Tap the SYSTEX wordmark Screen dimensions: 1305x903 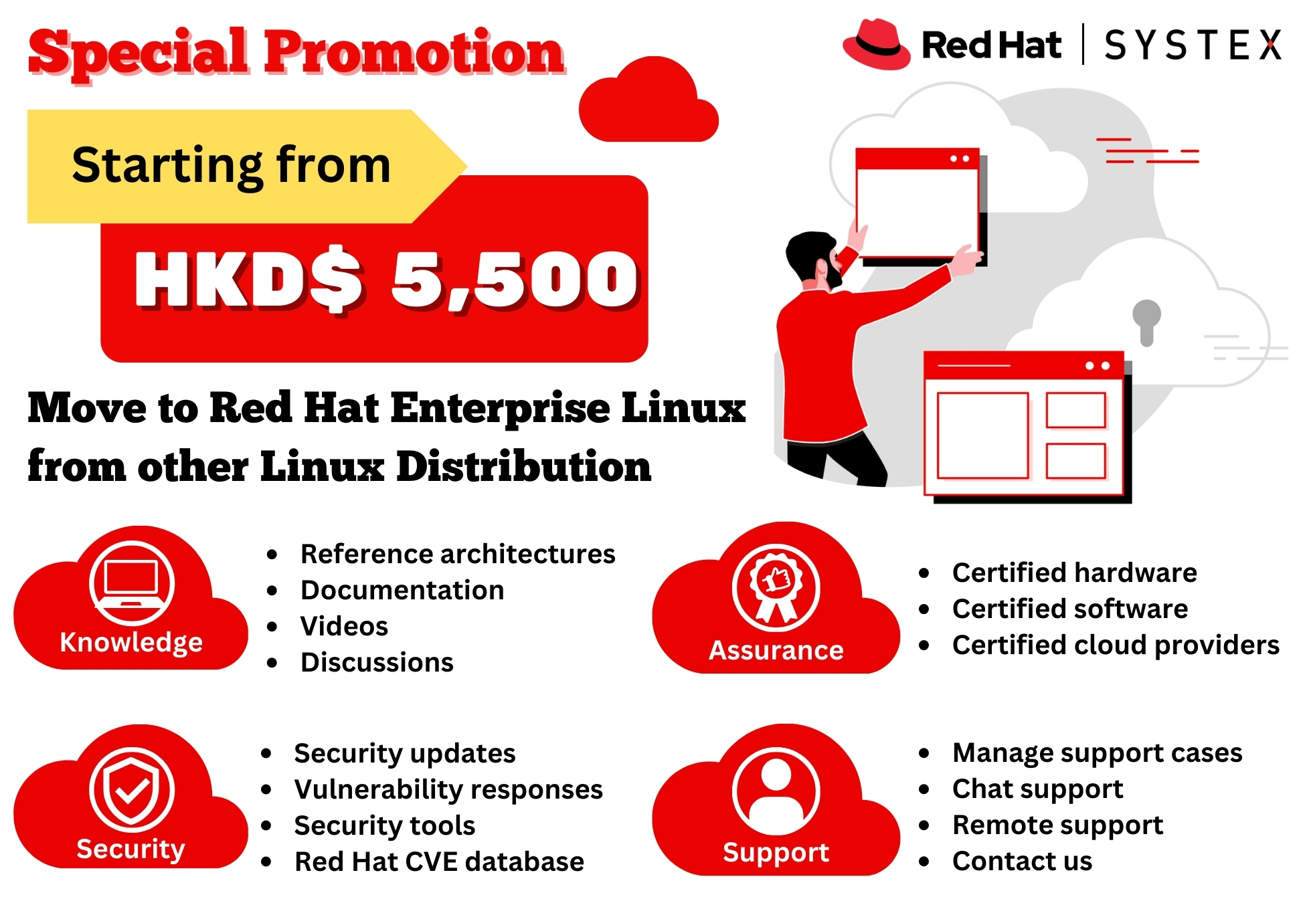coord(1193,45)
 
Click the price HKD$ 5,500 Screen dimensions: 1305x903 coord(386,279)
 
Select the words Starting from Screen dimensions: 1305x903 coord(231,165)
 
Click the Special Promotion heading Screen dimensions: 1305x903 coord(296,54)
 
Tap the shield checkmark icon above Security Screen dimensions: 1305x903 coord(132,789)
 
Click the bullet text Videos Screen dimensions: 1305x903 coord(344,626)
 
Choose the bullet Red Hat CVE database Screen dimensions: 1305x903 coord(439,862)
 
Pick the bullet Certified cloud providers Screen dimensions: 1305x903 coord(1116,645)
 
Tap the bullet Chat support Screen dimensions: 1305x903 coord(1037,789)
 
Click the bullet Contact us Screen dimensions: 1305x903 coord(1022,861)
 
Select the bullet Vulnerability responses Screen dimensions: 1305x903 coord(448,790)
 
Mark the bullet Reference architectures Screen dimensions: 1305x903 coord(458,554)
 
